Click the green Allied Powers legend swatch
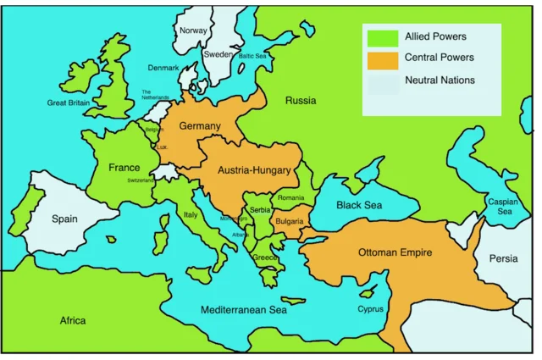tap(382, 37)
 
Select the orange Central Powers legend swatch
tap(382, 58)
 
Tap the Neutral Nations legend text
tap(440, 80)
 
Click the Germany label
tap(200, 126)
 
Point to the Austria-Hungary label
tap(254, 170)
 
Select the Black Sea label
tap(359, 205)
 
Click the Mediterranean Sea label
tap(244, 310)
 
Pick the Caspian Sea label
tap(499, 207)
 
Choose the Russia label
tap(300, 100)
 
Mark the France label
tap(124, 168)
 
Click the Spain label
tap(64, 219)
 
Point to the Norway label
tap(193, 31)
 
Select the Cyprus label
tap(370, 309)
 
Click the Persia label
tap(504, 258)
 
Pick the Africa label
tap(72, 321)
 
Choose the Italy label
tap(191, 215)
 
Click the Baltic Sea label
tap(252, 56)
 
